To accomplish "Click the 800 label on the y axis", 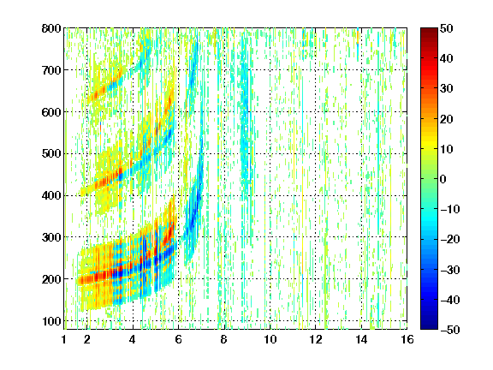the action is coord(51,28).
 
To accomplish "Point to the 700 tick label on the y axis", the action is coord(51,70).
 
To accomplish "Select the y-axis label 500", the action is coord(51,154).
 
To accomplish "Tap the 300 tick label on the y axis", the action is coord(51,237).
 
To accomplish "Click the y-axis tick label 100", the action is coord(52,321).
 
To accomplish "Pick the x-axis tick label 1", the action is coord(64,339).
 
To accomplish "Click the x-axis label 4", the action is coord(133,339).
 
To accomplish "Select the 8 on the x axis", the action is coord(223,339).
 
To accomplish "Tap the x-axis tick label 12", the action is coord(315,339).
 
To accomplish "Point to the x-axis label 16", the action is coord(407,339).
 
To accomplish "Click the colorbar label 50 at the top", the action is coord(446,28).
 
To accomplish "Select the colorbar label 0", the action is coord(443,179).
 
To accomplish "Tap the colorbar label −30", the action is coord(450,270).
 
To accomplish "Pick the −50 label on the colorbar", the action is coord(450,330).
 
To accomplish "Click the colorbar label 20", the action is coord(446,119).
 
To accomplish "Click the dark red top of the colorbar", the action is coord(429,31).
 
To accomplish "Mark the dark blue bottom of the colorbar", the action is coord(429,326).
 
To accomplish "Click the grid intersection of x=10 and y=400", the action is coord(270,195).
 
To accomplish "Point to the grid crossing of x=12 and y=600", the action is coord(315,111).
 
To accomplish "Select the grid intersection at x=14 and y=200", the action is coord(361,278).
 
